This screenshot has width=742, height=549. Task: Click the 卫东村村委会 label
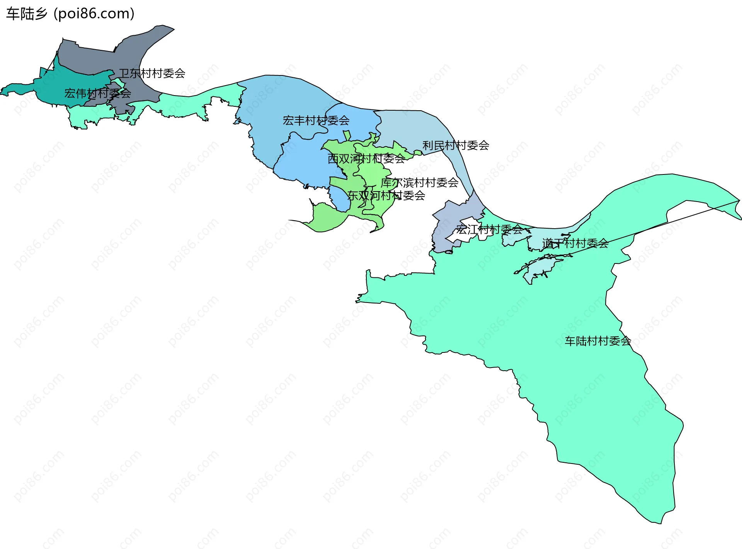152,73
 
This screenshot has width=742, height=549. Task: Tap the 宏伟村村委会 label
97,93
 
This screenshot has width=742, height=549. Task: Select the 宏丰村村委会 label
316,121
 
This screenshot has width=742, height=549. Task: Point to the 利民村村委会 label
456,145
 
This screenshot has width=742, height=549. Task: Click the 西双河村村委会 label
366,159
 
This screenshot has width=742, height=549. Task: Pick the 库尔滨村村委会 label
419,183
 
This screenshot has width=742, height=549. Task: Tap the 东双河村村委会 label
386,195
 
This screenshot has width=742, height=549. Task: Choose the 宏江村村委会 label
489,230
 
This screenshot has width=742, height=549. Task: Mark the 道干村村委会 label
575,243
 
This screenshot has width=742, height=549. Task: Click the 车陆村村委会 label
597,341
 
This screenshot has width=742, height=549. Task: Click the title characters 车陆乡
27,14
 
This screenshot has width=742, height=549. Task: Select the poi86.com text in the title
94,14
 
